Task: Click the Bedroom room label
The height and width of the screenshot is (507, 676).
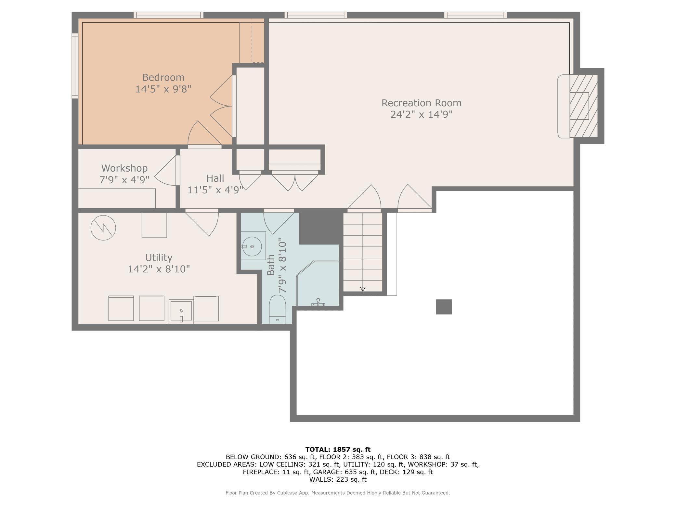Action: [163, 77]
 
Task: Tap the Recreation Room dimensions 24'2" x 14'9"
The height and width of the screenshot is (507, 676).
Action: [421, 114]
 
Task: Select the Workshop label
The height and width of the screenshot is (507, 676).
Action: [124, 168]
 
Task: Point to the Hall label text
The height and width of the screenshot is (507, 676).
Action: [215, 178]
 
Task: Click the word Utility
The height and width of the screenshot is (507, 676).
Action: [159, 258]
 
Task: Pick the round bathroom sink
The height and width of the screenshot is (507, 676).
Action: [252, 246]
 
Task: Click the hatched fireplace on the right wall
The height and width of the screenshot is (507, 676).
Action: [584, 106]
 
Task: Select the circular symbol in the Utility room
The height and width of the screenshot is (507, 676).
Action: [103, 228]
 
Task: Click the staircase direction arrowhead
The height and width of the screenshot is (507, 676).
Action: [363, 289]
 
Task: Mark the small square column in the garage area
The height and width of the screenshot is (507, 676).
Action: [444, 307]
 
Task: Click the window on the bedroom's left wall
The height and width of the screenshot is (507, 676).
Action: [75, 66]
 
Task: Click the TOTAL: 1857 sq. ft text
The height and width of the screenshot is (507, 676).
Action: [338, 449]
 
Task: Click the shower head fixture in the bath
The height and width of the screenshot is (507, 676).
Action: [318, 303]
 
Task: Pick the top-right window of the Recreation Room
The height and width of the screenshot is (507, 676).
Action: [475, 15]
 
